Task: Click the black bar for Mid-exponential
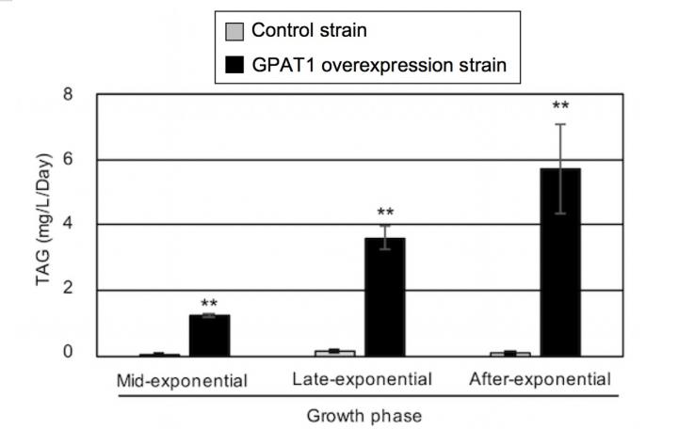[209, 335]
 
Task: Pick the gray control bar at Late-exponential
[334, 352]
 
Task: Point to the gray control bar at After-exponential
[509, 353]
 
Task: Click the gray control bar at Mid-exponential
[159, 355]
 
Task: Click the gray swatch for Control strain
[235, 31]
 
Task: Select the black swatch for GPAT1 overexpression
[235, 65]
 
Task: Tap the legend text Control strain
[309, 31]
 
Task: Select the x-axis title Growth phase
[364, 414]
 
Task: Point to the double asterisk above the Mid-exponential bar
[209, 303]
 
